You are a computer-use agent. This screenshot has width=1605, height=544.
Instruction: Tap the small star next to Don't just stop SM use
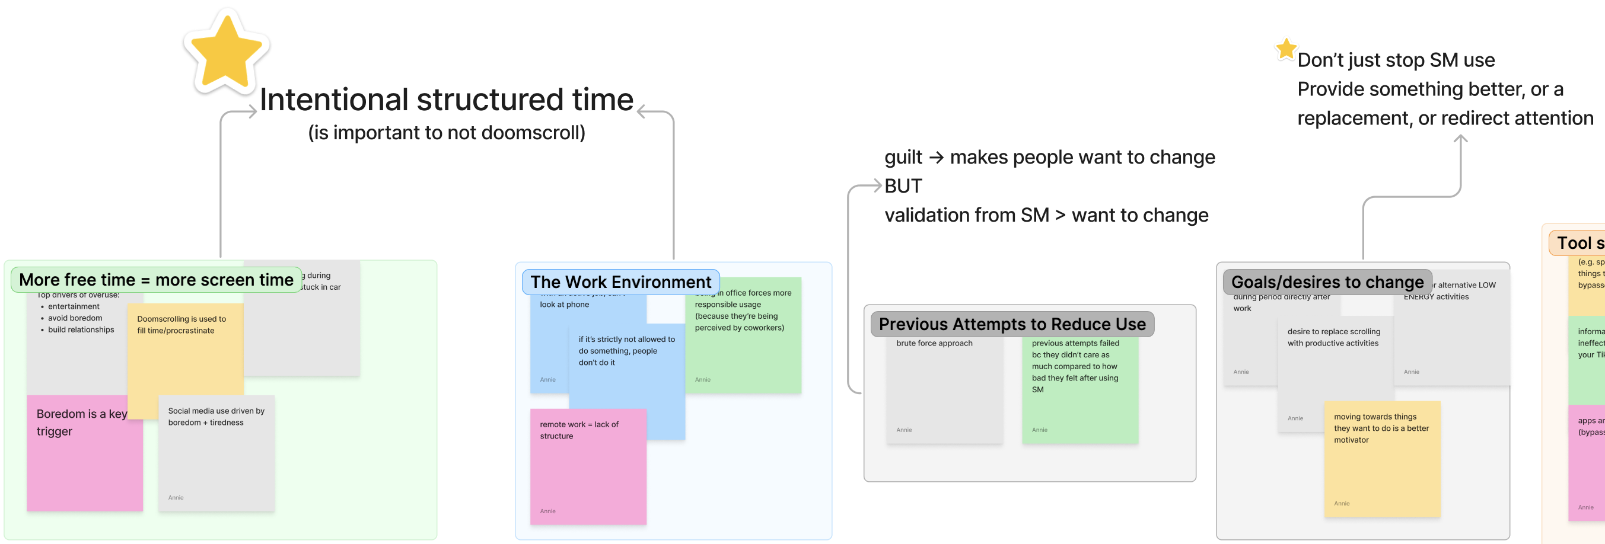click(x=1285, y=49)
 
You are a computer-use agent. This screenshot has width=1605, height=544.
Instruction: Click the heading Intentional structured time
click(x=446, y=100)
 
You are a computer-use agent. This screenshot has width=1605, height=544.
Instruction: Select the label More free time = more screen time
click(x=156, y=280)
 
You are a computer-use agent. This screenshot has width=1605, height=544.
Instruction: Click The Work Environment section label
click(x=620, y=282)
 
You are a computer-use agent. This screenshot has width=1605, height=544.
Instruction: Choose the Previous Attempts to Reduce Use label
click(x=1011, y=324)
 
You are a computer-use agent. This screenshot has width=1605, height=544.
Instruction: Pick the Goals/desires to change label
click(x=1327, y=282)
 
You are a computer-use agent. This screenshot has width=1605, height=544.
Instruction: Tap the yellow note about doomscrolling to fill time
click(x=184, y=355)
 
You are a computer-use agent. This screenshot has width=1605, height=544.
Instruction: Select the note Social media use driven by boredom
click(x=216, y=455)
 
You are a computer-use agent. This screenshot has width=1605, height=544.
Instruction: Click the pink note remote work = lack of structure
click(x=588, y=467)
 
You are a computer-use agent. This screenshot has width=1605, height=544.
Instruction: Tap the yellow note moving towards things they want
click(x=1381, y=460)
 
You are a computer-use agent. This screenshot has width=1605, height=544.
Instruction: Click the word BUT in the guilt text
click(x=903, y=186)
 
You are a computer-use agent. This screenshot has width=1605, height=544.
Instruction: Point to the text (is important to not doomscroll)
click(x=446, y=133)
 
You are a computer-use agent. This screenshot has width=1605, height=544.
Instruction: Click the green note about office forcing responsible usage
click(x=743, y=336)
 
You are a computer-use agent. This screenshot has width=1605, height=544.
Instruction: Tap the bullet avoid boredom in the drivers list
click(x=75, y=318)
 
